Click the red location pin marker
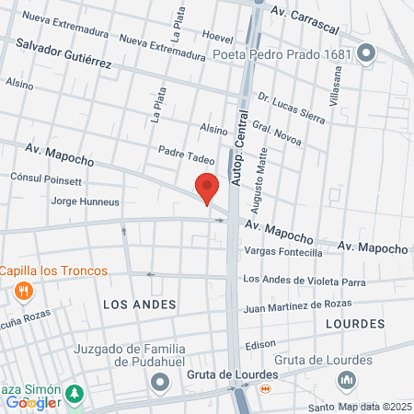(206, 189)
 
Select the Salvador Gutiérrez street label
(63, 53)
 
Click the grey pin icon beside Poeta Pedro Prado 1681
(367, 53)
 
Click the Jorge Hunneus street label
(85, 201)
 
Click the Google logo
(32, 402)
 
